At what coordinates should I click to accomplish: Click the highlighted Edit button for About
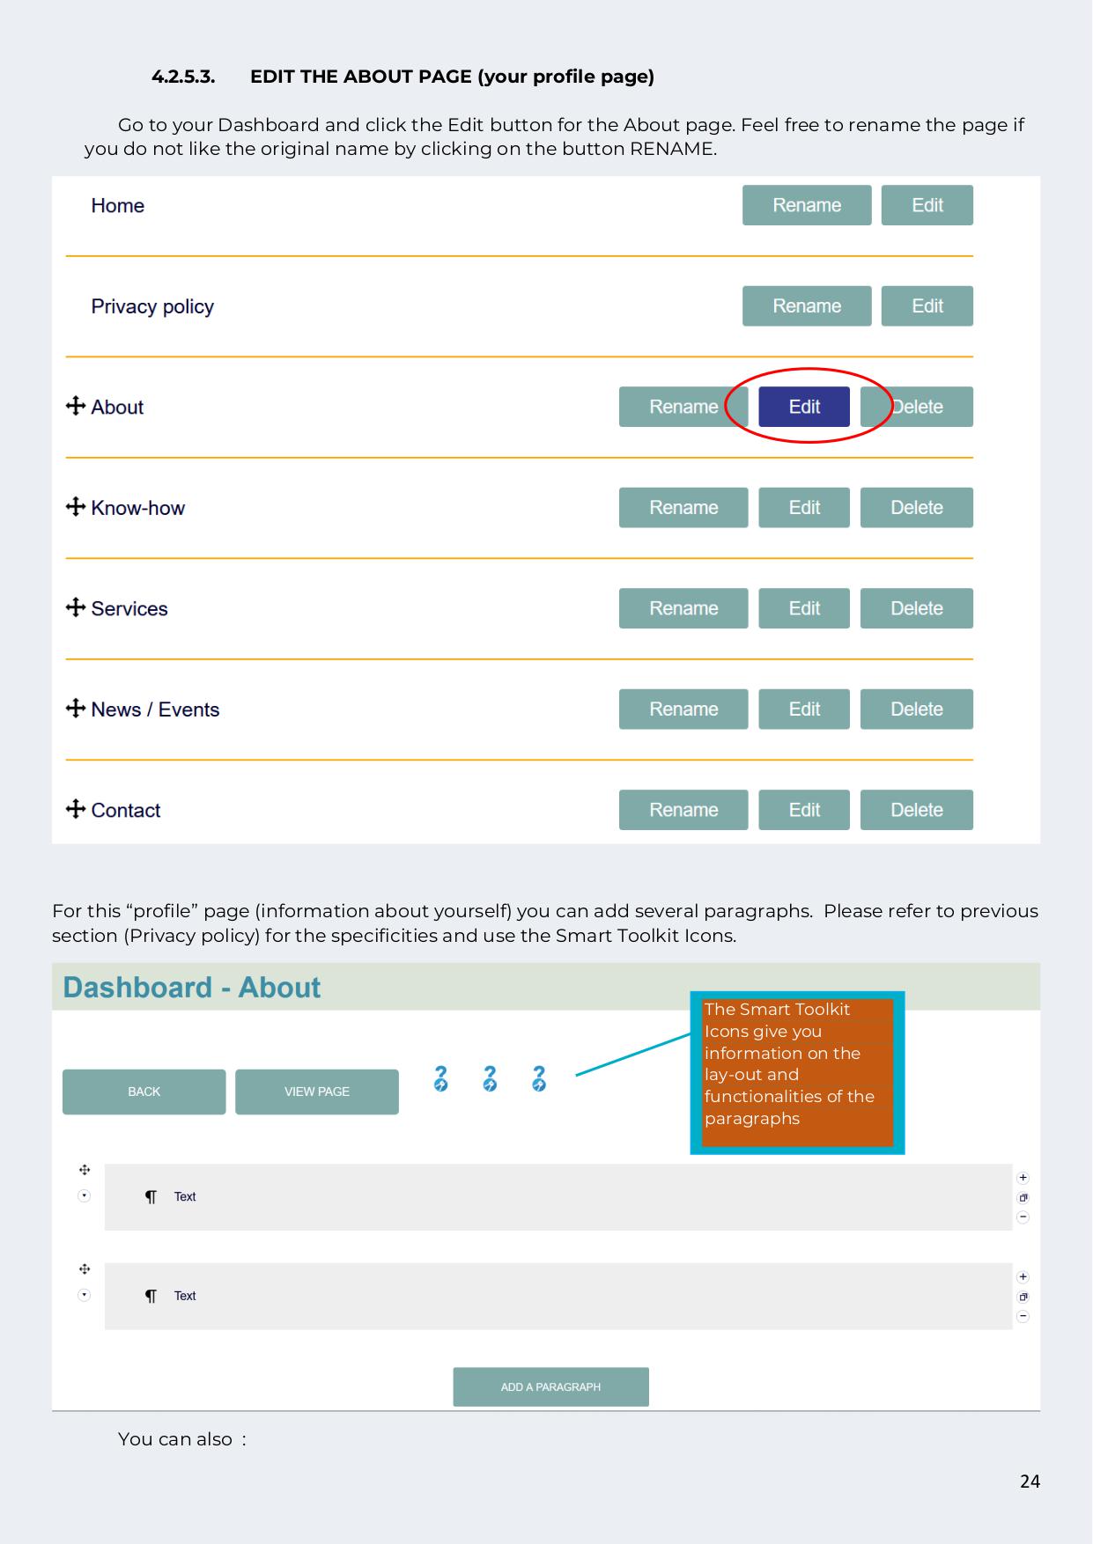click(804, 407)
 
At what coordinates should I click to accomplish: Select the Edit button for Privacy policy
click(927, 306)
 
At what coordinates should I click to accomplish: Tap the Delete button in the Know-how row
click(916, 508)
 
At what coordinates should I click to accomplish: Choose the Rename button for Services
click(683, 608)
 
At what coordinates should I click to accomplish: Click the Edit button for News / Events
click(804, 710)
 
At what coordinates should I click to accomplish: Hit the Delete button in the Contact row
click(916, 810)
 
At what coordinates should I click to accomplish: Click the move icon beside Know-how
click(76, 507)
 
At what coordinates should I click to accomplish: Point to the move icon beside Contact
click(76, 809)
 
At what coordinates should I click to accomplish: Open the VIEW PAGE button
click(317, 1092)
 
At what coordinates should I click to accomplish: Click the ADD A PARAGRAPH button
click(550, 1387)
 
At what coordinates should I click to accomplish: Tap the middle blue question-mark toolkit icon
click(490, 1078)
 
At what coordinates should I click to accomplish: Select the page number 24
click(1030, 1482)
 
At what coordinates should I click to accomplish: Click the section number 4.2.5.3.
click(183, 77)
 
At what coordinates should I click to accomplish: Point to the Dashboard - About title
click(192, 988)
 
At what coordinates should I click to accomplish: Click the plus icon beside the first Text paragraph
click(1023, 1178)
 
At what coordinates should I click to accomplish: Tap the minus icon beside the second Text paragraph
click(1023, 1317)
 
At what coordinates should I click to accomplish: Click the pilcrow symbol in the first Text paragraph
click(151, 1197)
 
